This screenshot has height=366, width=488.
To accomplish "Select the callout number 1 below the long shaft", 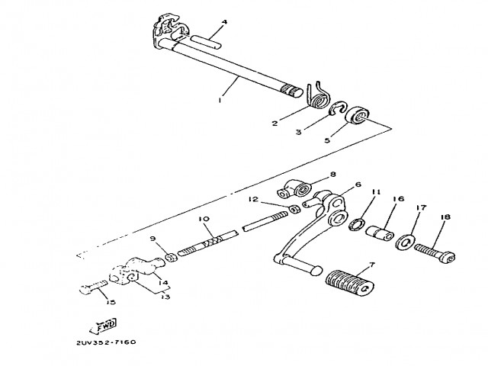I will pyautogui.click(x=220, y=99).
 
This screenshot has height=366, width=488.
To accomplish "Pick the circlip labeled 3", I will pyautogui.click(x=337, y=111).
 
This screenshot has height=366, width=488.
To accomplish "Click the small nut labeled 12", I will pyautogui.click(x=294, y=208).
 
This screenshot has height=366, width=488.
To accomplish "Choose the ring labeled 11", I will pyautogui.click(x=356, y=223).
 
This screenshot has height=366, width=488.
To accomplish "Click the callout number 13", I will pyautogui.click(x=163, y=297).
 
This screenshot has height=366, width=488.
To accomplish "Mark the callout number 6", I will pyautogui.click(x=358, y=185).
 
